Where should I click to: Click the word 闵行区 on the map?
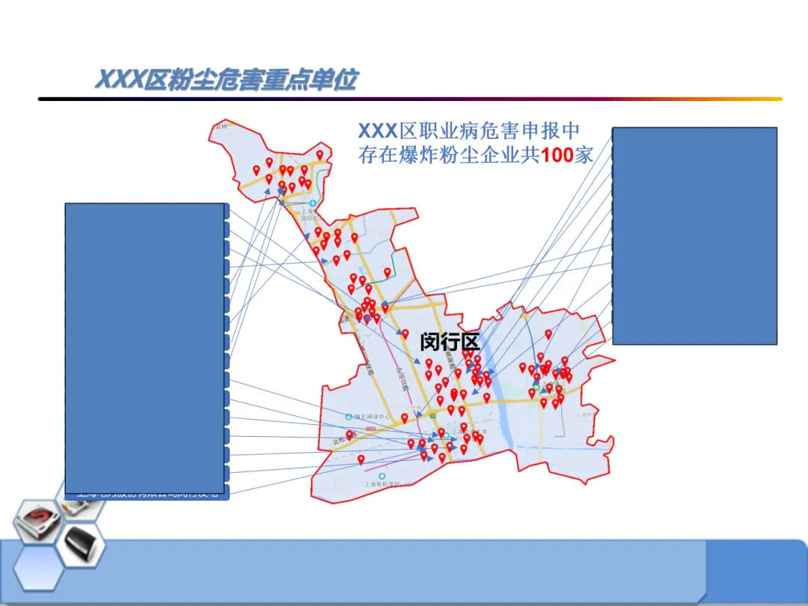(x=449, y=342)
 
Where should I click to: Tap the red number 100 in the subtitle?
(x=557, y=155)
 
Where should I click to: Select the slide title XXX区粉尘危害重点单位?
(x=225, y=79)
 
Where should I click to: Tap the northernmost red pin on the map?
(x=320, y=155)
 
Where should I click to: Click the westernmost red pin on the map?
(x=256, y=169)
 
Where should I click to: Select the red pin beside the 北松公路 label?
(x=349, y=435)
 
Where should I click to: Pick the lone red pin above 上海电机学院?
(x=361, y=459)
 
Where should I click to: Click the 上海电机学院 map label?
(x=387, y=485)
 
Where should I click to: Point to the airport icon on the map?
(x=312, y=203)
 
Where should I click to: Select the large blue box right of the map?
(x=694, y=236)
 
